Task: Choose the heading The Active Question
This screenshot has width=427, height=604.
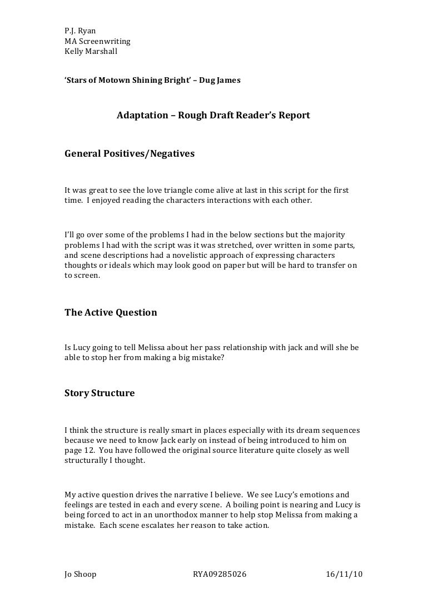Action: click(111, 312)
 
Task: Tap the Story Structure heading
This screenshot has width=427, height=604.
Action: click(100, 393)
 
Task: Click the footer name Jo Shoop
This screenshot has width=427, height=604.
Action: click(81, 575)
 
